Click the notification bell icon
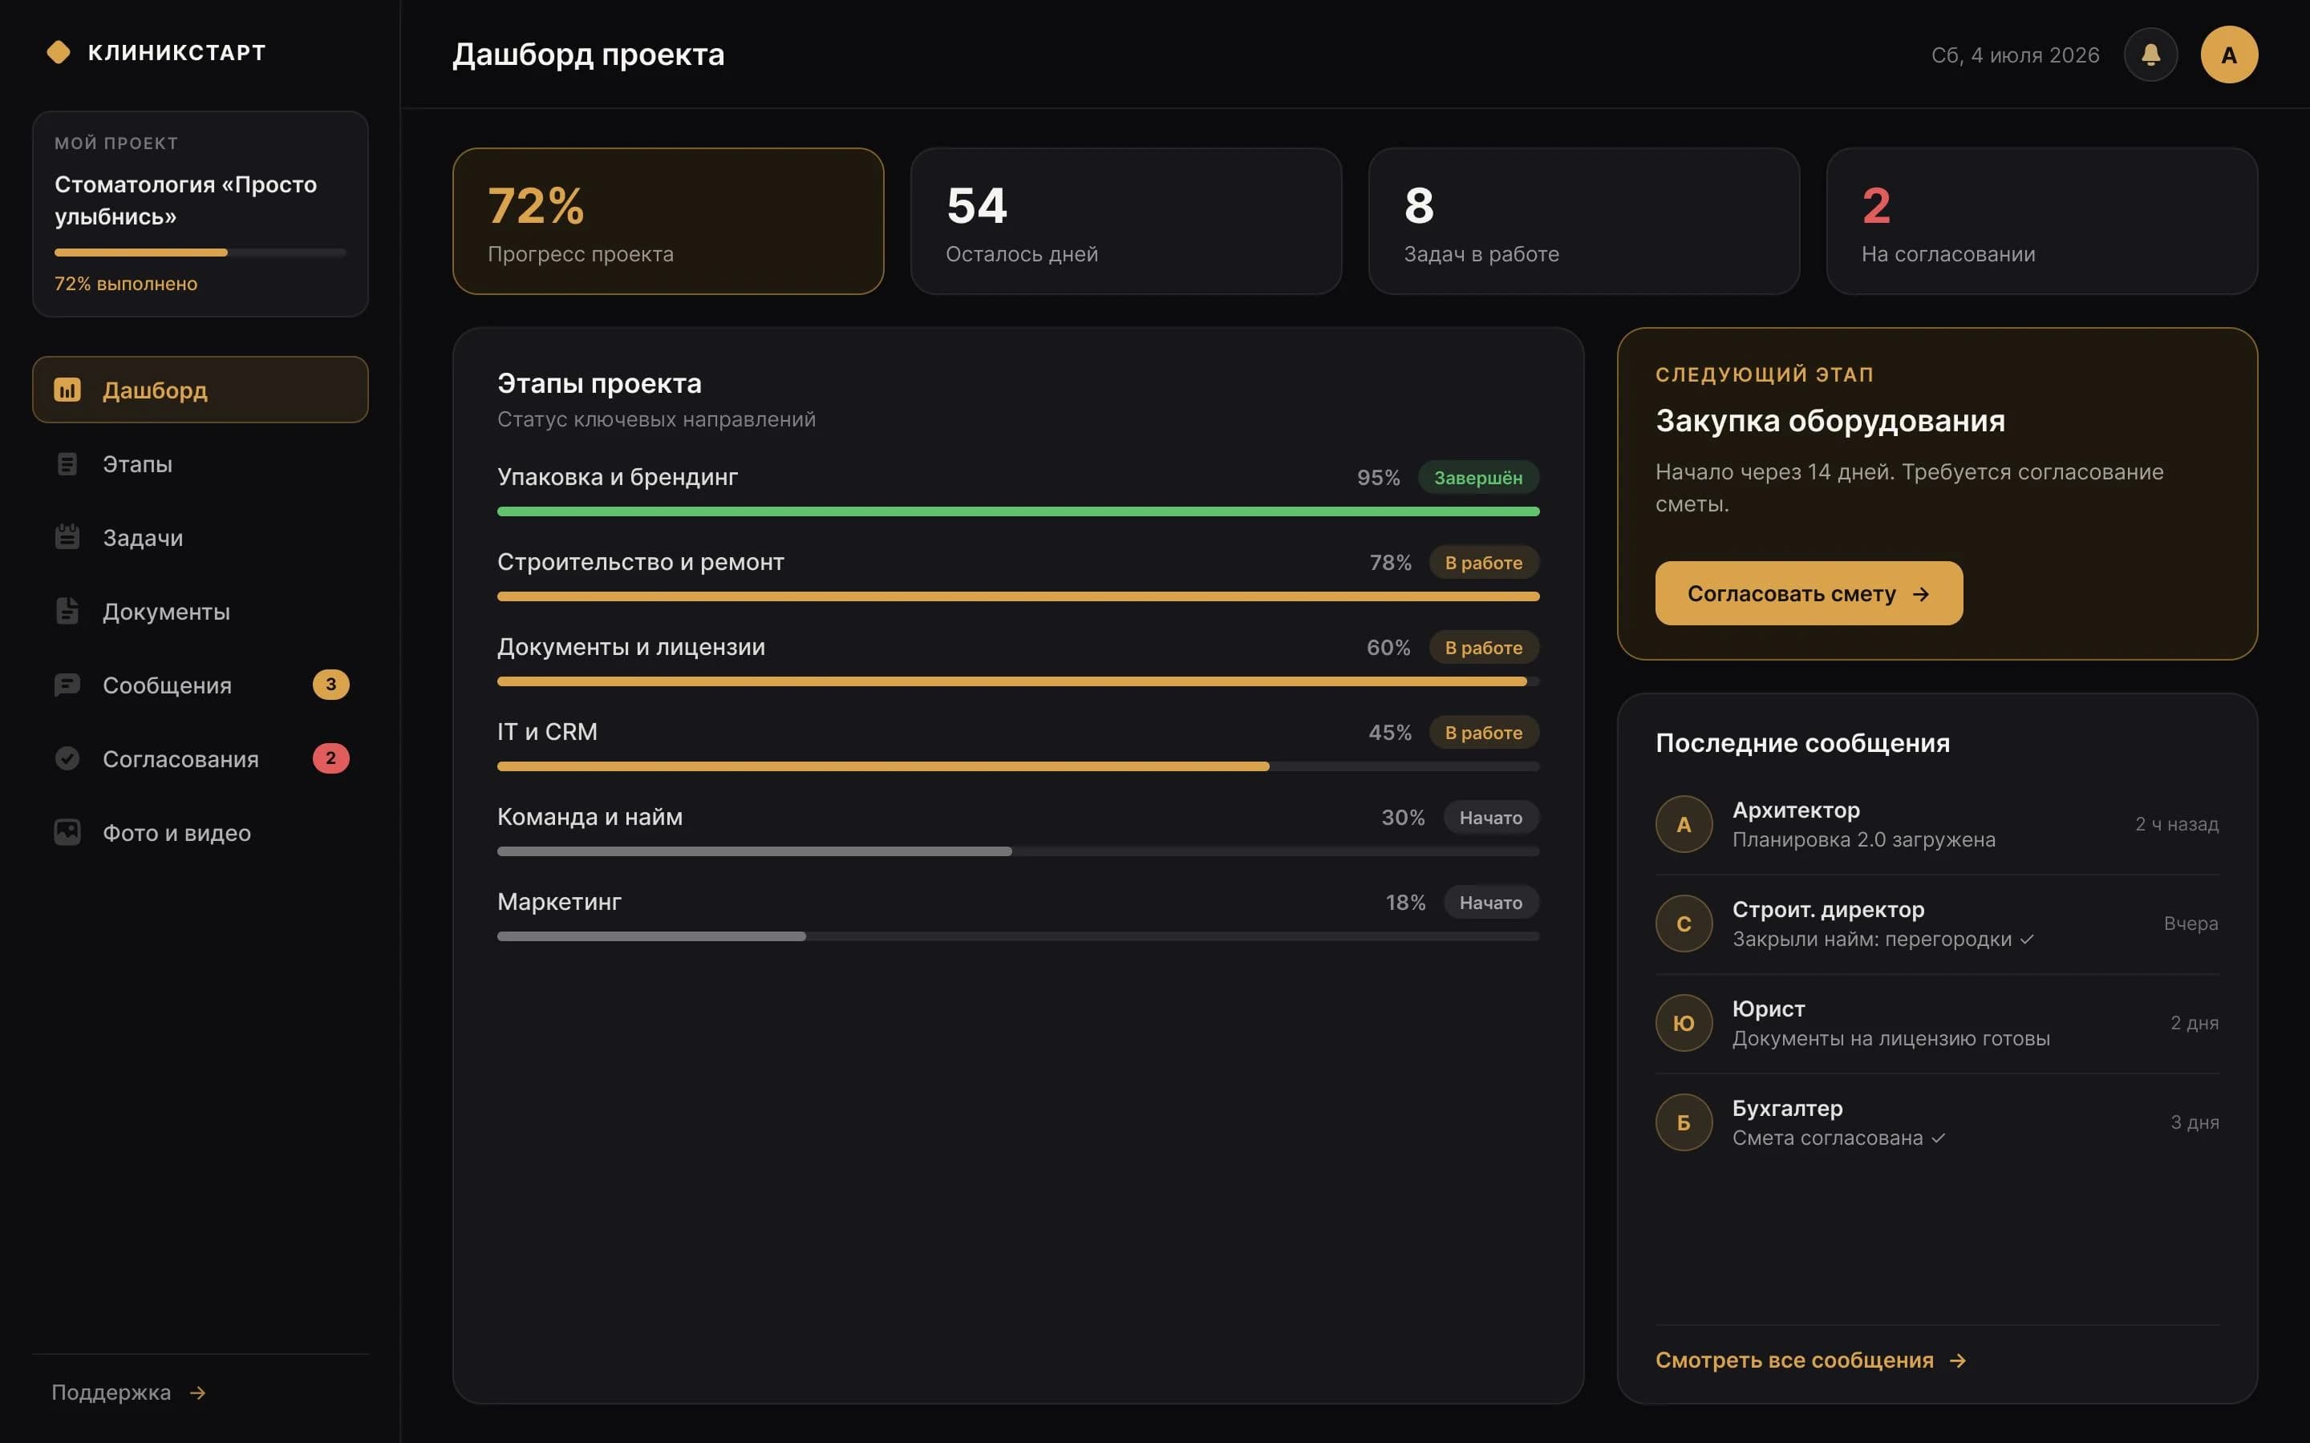(x=2150, y=55)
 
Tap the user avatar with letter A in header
(x=2229, y=55)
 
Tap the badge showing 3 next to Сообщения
(x=331, y=685)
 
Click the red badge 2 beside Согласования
(x=331, y=758)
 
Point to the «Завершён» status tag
(x=1477, y=477)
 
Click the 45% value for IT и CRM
(x=1390, y=732)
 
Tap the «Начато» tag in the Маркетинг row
(x=1491, y=902)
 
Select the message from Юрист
(x=1937, y=1023)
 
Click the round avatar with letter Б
(x=1684, y=1122)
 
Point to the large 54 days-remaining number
(x=976, y=205)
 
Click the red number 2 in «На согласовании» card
(x=1876, y=205)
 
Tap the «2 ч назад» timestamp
(x=2176, y=823)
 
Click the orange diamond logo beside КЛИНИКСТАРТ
(x=59, y=52)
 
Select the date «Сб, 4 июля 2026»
(x=2015, y=55)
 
